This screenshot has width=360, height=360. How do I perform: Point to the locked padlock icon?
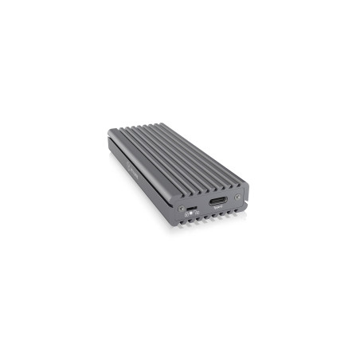point(185,213)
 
